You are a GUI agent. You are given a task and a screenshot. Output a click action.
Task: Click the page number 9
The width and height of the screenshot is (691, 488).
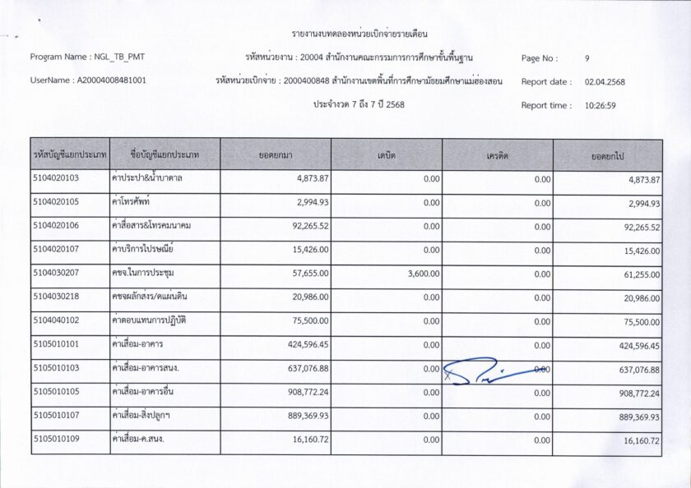click(x=587, y=59)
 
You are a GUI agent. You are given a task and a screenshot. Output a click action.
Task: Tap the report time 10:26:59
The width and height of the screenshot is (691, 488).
click(x=601, y=106)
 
